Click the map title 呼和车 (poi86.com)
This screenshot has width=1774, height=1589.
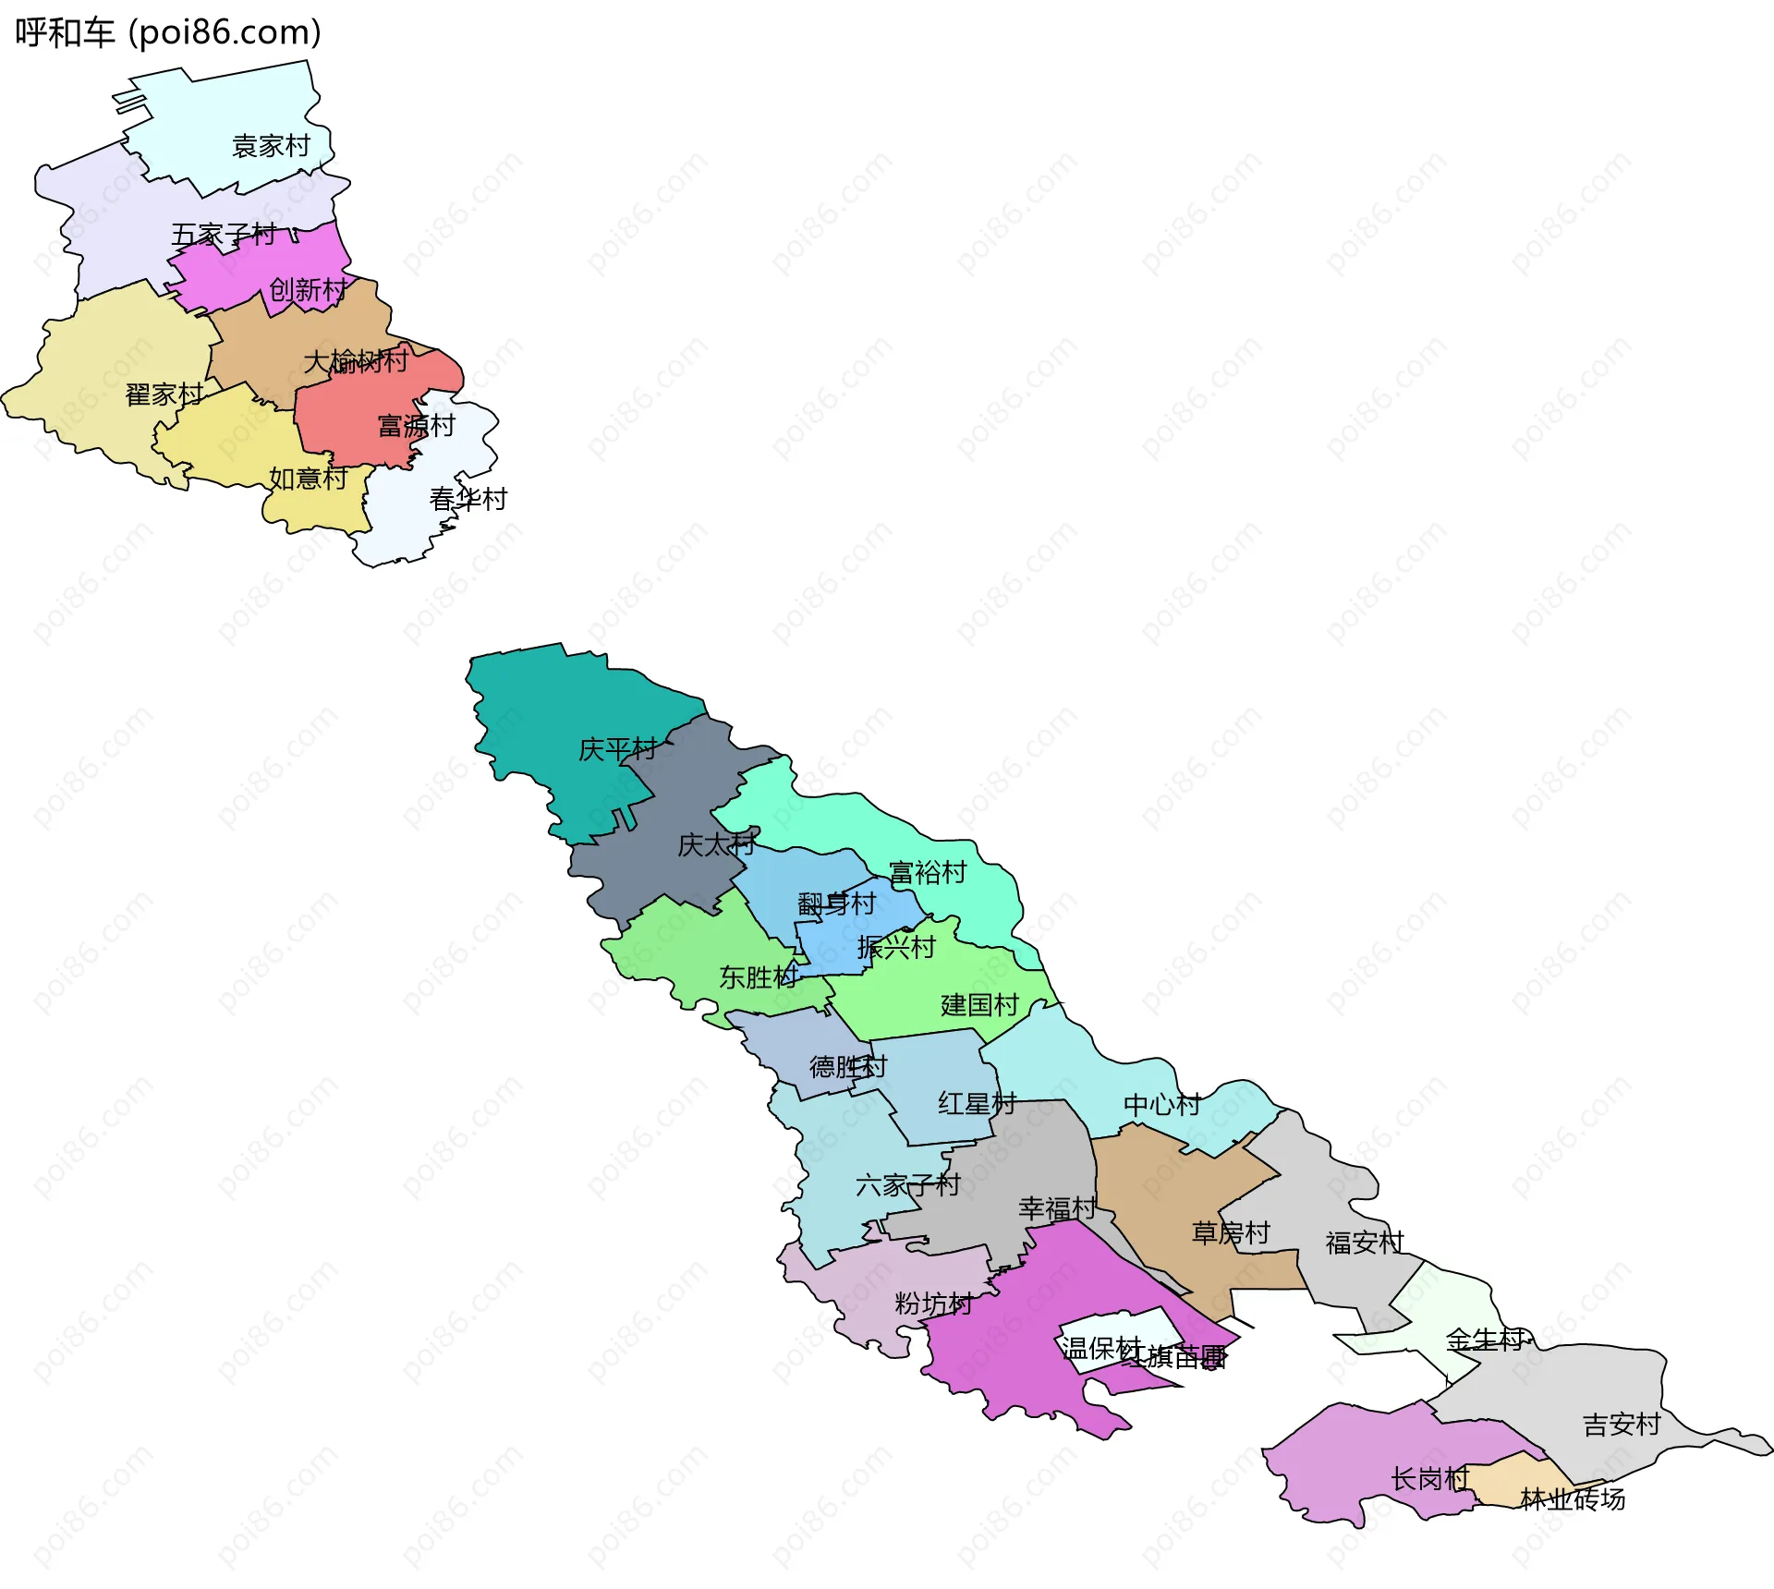coord(168,32)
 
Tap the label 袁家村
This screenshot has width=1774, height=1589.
coord(271,146)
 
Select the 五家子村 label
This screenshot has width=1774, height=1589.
coord(224,235)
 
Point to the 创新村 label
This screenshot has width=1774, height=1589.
coord(309,290)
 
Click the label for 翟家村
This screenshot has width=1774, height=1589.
coord(164,394)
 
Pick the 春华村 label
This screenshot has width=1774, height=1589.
coord(468,499)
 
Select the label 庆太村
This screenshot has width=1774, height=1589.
coord(716,844)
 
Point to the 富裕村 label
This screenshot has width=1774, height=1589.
coord(928,872)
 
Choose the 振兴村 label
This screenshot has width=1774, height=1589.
coord(896,947)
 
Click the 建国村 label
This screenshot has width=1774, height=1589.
coord(979,1004)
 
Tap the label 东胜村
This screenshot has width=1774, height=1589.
coord(759,976)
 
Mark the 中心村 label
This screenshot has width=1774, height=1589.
coord(1162,1104)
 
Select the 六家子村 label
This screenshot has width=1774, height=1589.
coord(908,1184)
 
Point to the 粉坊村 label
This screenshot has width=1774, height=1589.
coord(933,1304)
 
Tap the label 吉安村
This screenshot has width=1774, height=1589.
coord(1622,1425)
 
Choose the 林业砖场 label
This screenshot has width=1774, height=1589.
coord(1573,1498)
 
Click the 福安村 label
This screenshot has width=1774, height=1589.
coord(1365,1243)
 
